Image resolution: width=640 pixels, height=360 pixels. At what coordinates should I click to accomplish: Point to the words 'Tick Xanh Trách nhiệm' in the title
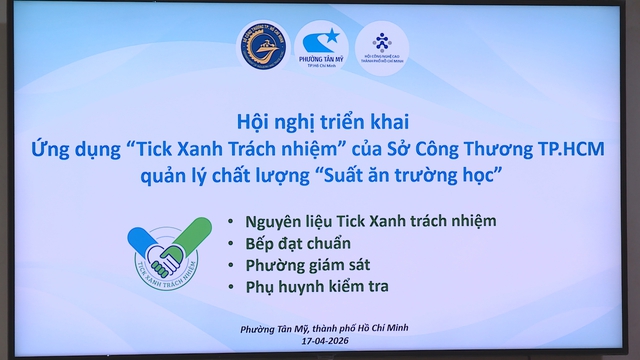237,149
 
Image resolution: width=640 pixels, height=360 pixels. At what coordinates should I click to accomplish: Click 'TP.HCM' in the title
549,149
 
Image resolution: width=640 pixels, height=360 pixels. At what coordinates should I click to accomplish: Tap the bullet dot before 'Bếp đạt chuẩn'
233,243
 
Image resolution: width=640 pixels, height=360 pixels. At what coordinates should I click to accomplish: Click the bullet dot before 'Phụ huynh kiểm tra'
233,288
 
